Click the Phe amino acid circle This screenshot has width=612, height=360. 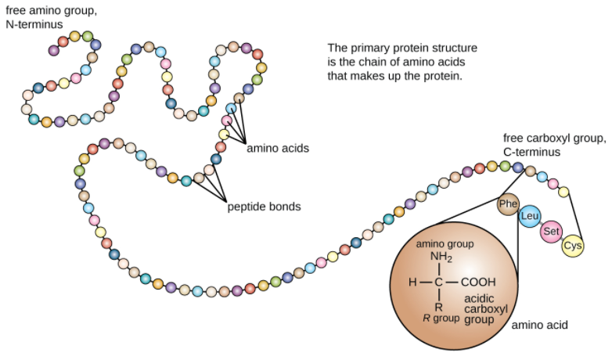coord(509,205)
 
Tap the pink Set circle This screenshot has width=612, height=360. coord(551,231)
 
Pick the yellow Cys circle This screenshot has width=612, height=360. coord(573,246)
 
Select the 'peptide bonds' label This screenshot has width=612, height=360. coord(264,207)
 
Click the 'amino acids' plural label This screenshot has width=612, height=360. coord(277,147)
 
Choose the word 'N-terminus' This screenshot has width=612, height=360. coord(37,24)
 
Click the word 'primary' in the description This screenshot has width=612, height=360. coord(368,48)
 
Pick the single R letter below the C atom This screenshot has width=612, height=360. coord(440,306)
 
